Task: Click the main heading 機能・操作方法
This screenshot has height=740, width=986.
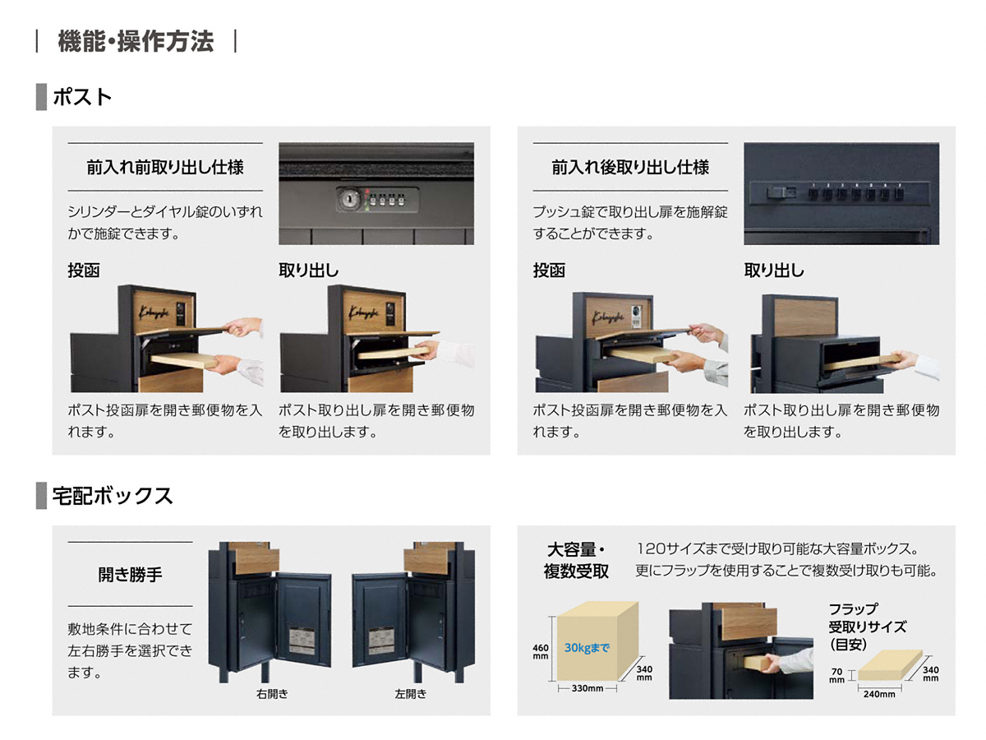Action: click(136, 41)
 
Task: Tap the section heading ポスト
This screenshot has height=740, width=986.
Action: click(82, 97)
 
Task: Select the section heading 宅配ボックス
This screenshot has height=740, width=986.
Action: click(113, 496)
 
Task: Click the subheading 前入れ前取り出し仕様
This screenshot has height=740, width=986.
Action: click(165, 167)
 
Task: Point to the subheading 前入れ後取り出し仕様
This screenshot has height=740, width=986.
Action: click(630, 167)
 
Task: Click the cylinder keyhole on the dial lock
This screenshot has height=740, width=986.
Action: click(348, 199)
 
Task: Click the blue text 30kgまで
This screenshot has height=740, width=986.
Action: click(587, 647)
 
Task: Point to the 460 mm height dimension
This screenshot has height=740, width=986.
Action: click(541, 651)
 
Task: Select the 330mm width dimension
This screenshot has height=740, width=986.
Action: click(587, 688)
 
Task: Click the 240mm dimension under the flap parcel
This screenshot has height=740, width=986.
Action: click(879, 694)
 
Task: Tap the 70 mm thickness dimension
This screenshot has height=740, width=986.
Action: click(836, 675)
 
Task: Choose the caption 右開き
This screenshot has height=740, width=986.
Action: click(272, 694)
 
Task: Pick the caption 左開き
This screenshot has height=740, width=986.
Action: click(411, 694)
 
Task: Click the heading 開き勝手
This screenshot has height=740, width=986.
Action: click(131, 574)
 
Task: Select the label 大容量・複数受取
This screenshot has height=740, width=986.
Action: click(576, 560)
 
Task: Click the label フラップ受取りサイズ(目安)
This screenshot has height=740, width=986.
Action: click(868, 627)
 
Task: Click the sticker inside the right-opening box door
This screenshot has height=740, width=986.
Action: click(302, 641)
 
